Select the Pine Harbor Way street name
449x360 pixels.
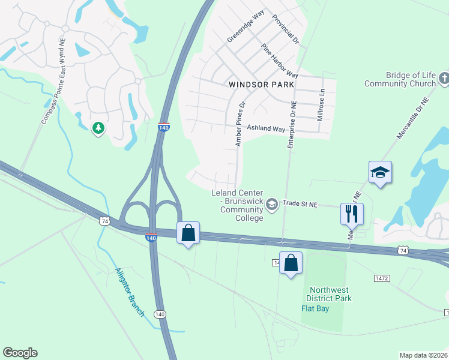[279, 60]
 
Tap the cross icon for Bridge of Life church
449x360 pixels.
[444, 78]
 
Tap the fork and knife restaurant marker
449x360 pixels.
[352, 213]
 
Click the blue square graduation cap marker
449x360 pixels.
[380, 172]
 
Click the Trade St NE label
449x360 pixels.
[300, 204]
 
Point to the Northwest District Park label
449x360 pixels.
[328, 293]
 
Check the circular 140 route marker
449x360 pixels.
[160, 314]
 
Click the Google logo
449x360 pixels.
[20, 353]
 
